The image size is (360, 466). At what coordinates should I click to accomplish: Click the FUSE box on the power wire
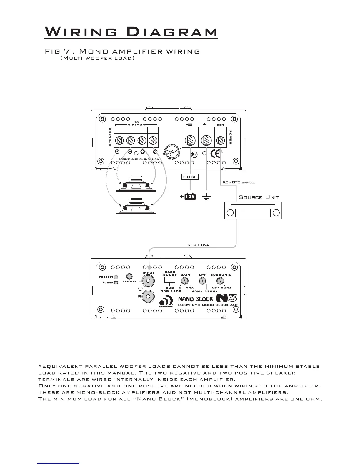(x=190, y=177)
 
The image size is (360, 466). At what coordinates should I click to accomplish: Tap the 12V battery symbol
(x=190, y=197)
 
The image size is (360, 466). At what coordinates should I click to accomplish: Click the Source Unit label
(x=259, y=197)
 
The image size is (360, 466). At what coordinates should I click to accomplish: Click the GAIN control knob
(x=185, y=281)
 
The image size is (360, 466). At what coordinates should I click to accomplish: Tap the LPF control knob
(x=202, y=281)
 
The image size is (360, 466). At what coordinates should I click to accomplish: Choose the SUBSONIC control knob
(x=220, y=281)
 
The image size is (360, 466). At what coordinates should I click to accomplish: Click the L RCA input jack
(x=148, y=281)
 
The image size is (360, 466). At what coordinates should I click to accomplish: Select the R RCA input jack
(x=148, y=296)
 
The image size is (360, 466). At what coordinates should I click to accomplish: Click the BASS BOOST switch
(x=169, y=279)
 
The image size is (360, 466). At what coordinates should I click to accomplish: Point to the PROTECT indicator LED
(x=116, y=277)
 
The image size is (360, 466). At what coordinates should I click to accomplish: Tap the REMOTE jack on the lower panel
(x=129, y=277)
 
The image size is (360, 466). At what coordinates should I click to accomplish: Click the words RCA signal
(x=199, y=245)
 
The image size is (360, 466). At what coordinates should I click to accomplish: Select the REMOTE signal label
(x=239, y=182)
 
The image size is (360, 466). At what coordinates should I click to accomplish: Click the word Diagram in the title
(x=174, y=32)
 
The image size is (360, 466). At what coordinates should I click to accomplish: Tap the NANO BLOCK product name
(x=196, y=299)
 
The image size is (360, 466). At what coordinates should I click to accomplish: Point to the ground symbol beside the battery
(x=206, y=197)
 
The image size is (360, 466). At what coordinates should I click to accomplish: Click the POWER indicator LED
(x=116, y=282)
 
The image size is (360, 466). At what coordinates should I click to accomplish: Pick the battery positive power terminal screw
(x=190, y=140)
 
